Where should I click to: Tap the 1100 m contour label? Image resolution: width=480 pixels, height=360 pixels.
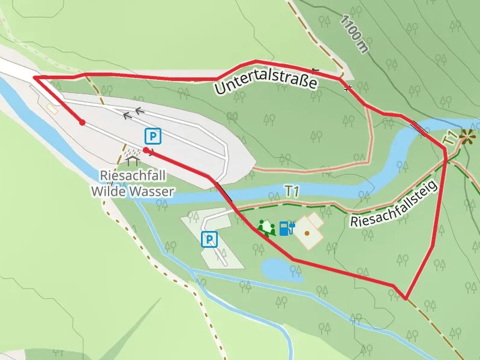click(353, 34)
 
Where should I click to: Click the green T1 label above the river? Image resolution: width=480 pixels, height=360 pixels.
click(292, 191)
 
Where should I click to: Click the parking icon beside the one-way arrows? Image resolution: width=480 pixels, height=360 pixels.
click(153, 136)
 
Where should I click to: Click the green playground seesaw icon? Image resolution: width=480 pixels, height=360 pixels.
click(266, 227)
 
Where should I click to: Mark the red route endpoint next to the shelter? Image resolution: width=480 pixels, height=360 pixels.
click(146, 150)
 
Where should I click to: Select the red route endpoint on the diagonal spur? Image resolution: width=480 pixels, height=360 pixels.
click(82, 122)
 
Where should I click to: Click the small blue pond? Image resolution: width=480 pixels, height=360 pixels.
click(281, 269)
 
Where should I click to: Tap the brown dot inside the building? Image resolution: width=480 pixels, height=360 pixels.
click(307, 232)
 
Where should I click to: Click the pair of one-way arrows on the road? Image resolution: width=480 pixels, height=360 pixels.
click(134, 113)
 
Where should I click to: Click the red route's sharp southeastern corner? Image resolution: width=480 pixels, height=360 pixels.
click(406, 298)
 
